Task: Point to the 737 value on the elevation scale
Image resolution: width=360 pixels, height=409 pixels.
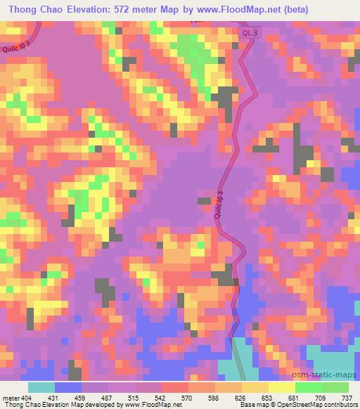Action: tap(347, 397)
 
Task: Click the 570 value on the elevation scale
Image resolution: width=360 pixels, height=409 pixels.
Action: tap(186, 397)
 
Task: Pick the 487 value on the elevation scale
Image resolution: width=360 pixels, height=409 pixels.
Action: tap(105, 397)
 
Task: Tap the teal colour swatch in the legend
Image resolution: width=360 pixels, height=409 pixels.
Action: tap(41, 387)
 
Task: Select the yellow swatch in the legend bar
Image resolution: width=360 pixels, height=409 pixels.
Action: tap(282, 387)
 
